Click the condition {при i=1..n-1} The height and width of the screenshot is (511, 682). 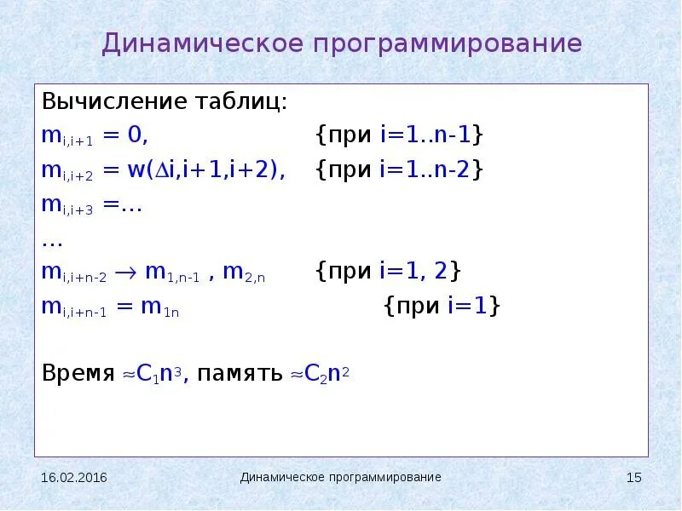[399, 135]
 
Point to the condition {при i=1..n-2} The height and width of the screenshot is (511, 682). [399, 169]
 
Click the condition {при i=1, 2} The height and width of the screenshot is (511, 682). [388, 272]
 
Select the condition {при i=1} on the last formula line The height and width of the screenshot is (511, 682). [442, 306]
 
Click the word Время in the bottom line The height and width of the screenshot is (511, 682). [78, 373]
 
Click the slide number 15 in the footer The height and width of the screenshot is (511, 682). [633, 478]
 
